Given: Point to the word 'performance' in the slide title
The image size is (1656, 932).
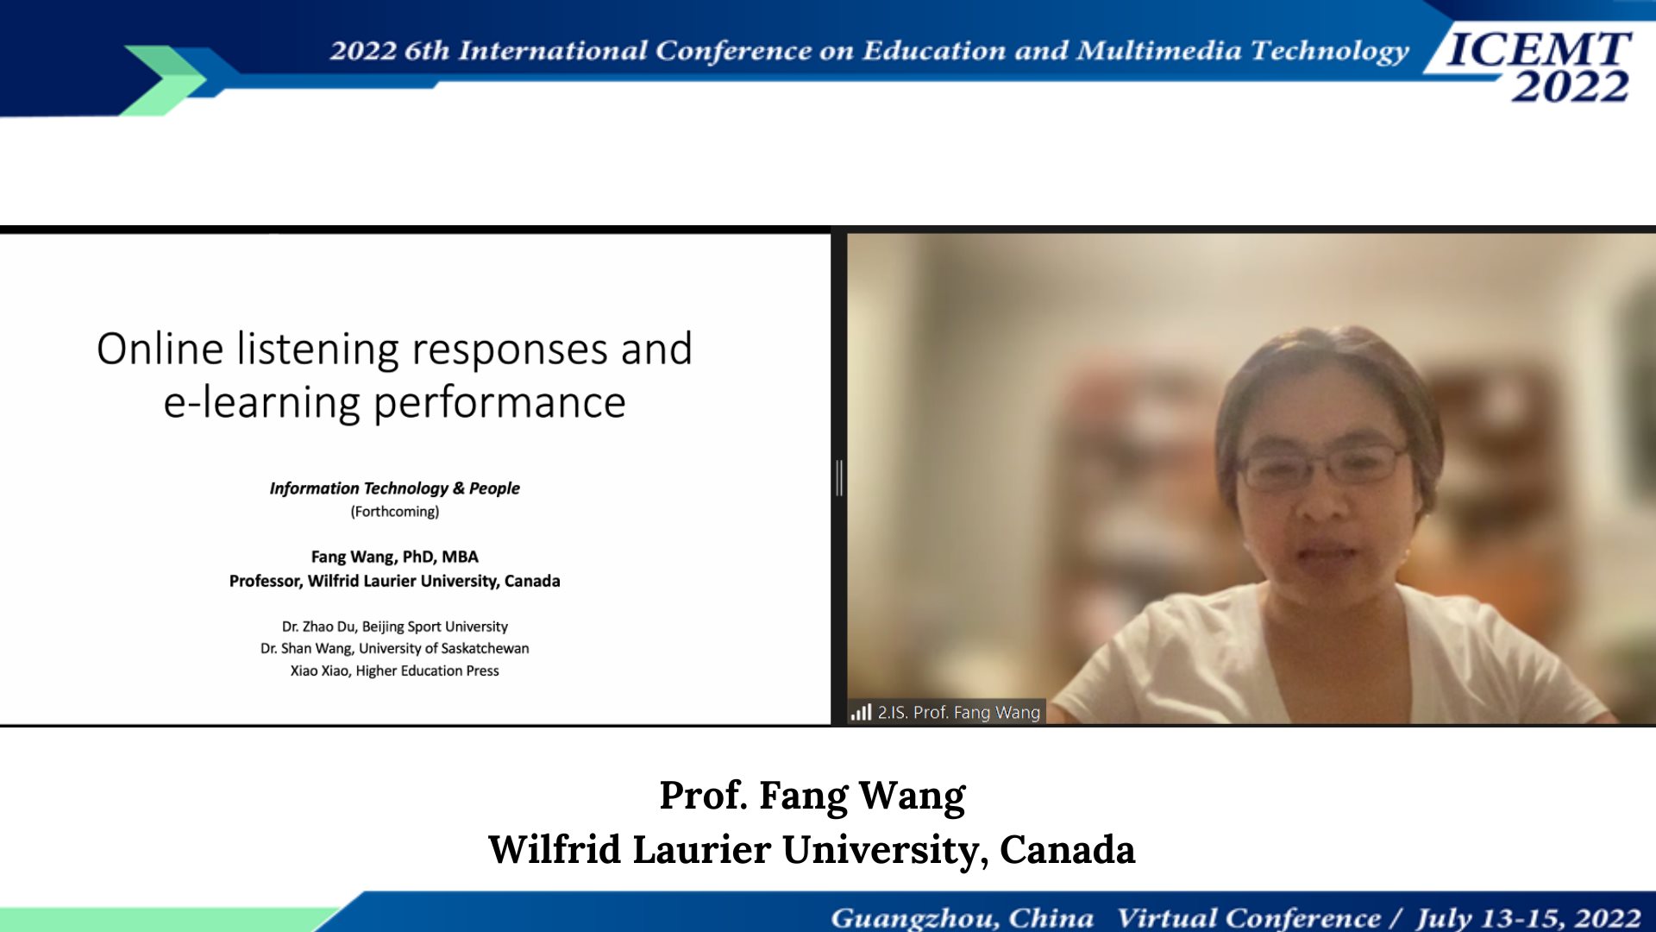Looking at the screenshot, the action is click(499, 404).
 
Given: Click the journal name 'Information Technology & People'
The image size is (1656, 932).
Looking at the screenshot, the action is click(395, 488).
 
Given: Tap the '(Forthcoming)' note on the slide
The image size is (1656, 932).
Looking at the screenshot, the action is click(395, 512).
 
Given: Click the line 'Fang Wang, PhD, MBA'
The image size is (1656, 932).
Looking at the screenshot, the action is click(395, 557).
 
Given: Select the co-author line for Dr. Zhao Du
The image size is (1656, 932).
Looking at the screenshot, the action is click(395, 627).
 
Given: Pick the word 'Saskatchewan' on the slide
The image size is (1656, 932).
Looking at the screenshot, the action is click(485, 648).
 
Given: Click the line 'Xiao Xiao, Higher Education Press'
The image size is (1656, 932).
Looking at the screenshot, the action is click(395, 671).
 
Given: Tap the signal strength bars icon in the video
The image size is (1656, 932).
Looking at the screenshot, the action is click(861, 712).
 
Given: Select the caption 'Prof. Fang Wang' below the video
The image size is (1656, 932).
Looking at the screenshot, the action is click(812, 796).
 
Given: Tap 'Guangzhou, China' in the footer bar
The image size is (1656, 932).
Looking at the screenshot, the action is click(963, 917).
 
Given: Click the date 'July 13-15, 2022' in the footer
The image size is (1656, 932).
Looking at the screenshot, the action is click(1529, 917).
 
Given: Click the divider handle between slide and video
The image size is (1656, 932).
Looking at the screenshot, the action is click(839, 478).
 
